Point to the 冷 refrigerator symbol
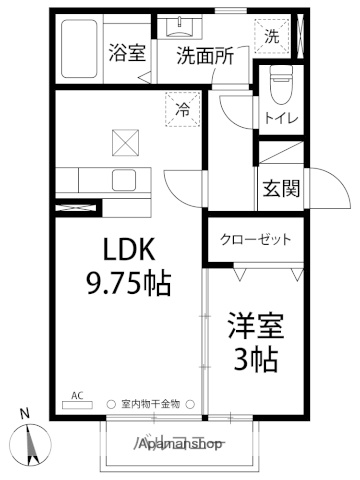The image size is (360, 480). [183, 104]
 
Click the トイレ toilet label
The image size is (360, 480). [278, 118]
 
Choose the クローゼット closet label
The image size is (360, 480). [257, 240]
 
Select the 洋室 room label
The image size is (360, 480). [257, 327]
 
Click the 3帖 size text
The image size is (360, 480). [255, 358]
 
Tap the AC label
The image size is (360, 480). [78, 395]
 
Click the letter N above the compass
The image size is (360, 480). [25, 413]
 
